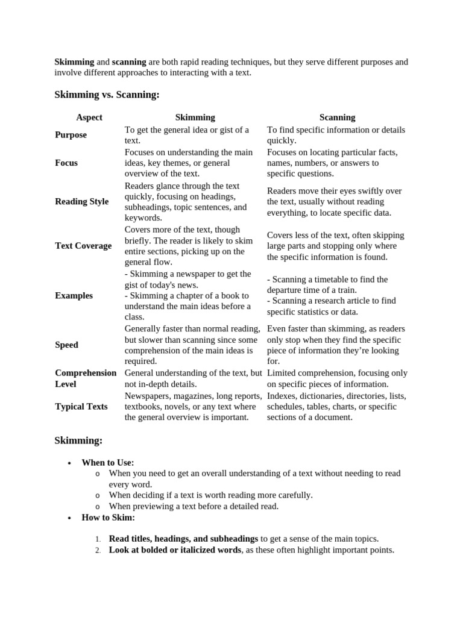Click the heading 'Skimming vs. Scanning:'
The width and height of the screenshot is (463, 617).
click(107, 95)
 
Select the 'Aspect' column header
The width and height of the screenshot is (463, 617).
click(89, 117)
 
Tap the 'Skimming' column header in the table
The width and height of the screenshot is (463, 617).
click(195, 117)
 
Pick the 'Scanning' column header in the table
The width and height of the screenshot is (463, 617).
click(337, 117)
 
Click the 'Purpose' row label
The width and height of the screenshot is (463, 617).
click(71, 135)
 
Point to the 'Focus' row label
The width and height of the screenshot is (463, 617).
click(66, 163)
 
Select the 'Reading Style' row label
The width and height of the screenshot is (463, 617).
click(82, 201)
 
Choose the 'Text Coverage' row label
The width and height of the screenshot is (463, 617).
click(83, 246)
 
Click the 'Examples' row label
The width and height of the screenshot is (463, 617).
click(74, 295)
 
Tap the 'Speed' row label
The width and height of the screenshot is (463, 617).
click(66, 345)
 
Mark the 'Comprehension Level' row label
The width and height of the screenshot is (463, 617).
click(86, 378)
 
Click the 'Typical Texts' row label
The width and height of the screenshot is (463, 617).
click(81, 406)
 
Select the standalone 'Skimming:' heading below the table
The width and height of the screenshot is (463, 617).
click(78, 440)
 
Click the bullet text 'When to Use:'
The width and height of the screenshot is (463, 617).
click(108, 462)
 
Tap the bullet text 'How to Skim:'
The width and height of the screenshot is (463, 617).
click(109, 517)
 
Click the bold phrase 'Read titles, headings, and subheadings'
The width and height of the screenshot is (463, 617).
click(183, 539)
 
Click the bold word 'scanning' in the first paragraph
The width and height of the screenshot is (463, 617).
click(129, 62)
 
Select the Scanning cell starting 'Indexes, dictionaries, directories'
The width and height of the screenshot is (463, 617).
click(336, 406)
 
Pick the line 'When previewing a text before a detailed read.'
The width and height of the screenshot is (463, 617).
click(194, 506)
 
